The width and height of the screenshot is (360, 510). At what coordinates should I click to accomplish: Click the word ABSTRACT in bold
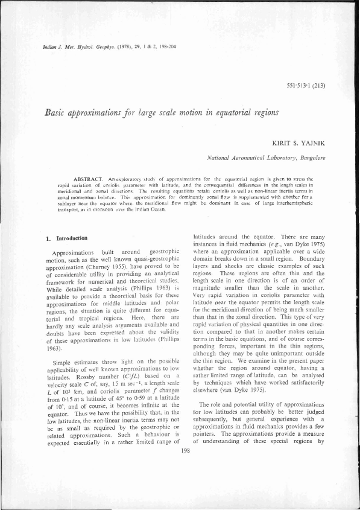coord(89,180)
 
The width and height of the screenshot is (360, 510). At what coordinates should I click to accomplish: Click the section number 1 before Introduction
coord(48,238)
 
